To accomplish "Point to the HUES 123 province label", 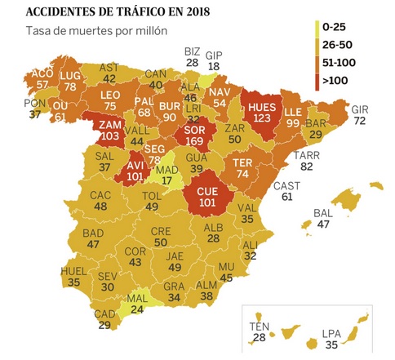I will tap(262, 113).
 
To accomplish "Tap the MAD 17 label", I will tap(165, 175).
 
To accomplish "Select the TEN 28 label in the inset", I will tap(260, 331).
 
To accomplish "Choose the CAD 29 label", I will tap(104, 319).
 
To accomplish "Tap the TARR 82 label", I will tap(308, 159).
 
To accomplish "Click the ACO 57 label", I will tap(42, 78).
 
